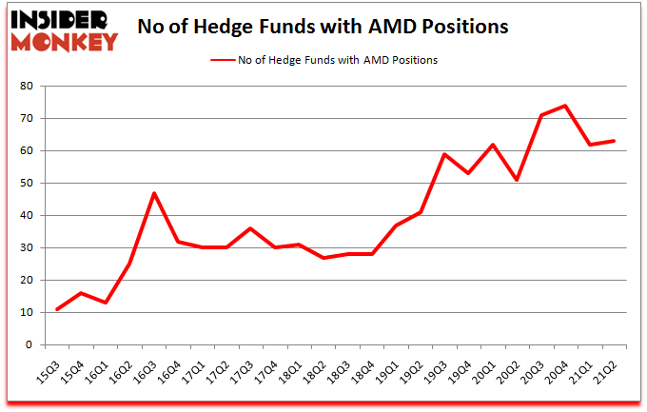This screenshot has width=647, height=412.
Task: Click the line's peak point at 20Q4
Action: pyautogui.click(x=565, y=106)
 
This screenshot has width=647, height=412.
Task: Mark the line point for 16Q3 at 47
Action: pyautogui.click(x=154, y=193)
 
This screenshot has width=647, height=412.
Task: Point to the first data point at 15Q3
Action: pyautogui.click(x=57, y=309)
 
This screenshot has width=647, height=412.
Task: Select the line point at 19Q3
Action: pyautogui.click(x=443, y=154)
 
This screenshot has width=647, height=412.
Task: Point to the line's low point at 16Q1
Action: pyautogui.click(x=106, y=303)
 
